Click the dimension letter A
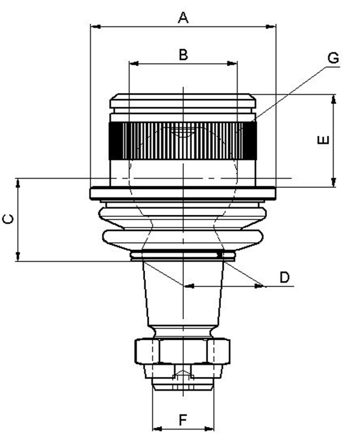(183, 18)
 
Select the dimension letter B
(183, 55)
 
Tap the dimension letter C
(8, 219)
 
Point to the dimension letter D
(285, 277)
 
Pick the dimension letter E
(323, 140)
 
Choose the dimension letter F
(183, 420)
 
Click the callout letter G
(333, 58)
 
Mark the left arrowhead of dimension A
(96, 27)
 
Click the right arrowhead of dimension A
(271, 27)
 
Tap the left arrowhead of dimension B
(134, 64)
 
